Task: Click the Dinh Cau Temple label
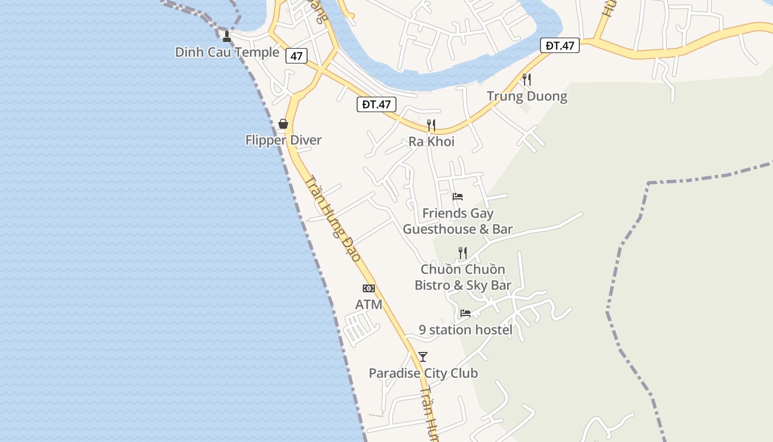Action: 227,52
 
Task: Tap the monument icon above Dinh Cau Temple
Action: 226,36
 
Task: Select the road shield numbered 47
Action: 297,56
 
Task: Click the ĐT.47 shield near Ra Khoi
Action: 377,104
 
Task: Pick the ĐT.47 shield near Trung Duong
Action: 560,46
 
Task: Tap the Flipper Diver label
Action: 283,140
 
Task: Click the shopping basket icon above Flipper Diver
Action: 283,124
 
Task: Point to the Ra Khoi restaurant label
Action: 431,142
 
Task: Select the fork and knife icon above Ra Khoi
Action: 431,125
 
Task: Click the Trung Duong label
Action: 527,97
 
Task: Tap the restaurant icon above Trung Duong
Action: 527,80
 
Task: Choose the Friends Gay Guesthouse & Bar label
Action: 458,221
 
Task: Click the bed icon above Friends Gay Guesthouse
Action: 458,196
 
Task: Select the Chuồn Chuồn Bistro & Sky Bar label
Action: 463,277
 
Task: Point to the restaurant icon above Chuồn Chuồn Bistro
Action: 463,253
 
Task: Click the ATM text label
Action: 369,304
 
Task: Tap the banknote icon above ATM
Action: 369,288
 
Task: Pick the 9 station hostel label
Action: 465,330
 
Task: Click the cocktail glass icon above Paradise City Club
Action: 423,357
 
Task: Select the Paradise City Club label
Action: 423,373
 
